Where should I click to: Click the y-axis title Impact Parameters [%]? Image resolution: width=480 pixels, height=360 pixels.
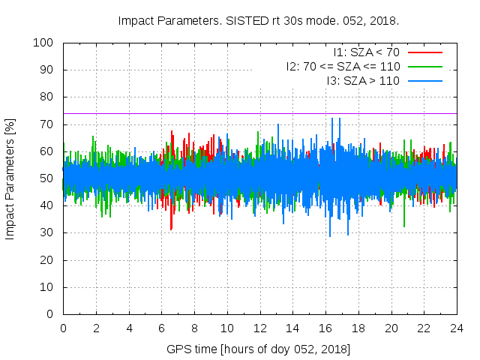(x=10, y=178)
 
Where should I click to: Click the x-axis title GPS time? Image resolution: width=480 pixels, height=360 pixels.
(x=259, y=349)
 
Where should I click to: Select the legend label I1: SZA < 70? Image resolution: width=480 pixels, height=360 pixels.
(x=367, y=52)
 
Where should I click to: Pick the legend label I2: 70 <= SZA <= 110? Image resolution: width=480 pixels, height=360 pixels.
(x=343, y=66)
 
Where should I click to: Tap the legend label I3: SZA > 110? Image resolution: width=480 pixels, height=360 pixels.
(x=363, y=80)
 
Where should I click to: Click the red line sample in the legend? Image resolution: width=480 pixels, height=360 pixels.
(x=424, y=52)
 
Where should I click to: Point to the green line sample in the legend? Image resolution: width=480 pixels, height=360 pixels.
(x=424, y=66)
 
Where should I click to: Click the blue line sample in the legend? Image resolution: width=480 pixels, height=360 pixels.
(x=424, y=80)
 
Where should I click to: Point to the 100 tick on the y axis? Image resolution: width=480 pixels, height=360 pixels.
(x=46, y=43)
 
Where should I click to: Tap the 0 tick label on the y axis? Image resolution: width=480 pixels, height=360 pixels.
(x=52, y=314)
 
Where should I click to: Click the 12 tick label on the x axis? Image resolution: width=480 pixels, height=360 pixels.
(x=259, y=328)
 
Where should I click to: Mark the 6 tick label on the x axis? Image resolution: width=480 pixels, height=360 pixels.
(x=161, y=328)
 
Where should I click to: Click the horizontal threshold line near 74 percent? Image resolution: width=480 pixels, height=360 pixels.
(x=225, y=113)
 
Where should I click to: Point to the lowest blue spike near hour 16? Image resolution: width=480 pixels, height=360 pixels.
(x=330, y=235)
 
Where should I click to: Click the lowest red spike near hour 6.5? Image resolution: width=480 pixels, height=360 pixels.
(x=171, y=229)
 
